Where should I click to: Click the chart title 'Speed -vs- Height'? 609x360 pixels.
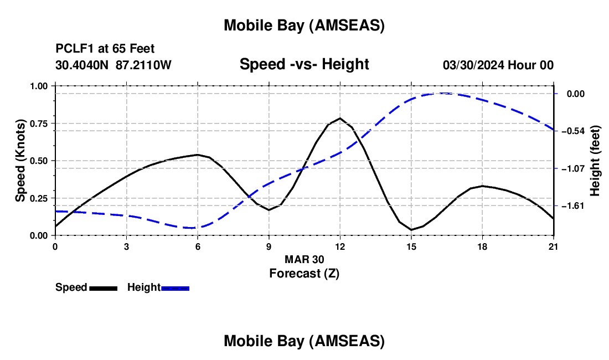(x=304, y=64)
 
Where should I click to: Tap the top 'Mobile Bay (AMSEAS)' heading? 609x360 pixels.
(x=304, y=25)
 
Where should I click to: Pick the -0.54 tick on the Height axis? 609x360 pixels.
(x=573, y=131)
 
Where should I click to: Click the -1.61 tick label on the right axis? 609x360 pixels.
(x=573, y=206)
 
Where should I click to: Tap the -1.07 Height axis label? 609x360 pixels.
(x=573, y=168)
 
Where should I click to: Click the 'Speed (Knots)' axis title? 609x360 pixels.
(x=20, y=161)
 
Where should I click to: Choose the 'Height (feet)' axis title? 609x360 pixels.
(x=595, y=161)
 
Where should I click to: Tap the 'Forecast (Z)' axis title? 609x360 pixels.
(x=304, y=273)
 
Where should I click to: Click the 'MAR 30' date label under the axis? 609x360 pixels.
(x=304, y=259)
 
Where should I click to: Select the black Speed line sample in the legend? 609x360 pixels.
(x=103, y=287)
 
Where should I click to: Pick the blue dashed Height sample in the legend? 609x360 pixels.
(x=176, y=287)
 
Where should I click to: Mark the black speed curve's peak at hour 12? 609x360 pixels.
(x=340, y=118)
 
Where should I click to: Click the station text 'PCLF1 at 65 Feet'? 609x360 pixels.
(x=105, y=49)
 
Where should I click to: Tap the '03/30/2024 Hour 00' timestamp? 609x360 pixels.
(x=498, y=65)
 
